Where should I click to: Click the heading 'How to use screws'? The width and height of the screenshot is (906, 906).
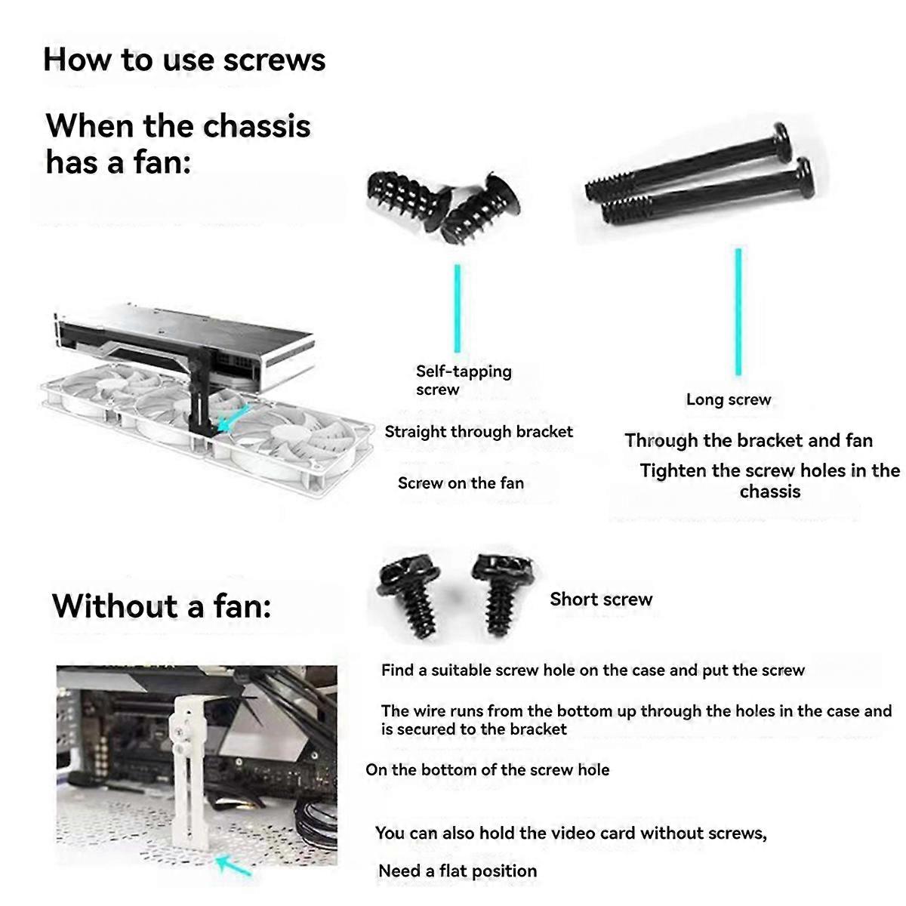[x=184, y=60]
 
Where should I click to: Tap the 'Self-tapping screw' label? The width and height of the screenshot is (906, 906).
[x=463, y=381]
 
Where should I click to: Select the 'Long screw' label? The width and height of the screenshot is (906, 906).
[x=728, y=399]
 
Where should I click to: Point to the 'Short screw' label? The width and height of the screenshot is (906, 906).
[x=600, y=599]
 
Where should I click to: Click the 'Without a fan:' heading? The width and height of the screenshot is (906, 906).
[x=162, y=606]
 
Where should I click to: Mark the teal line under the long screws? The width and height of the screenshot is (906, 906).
[x=738, y=311]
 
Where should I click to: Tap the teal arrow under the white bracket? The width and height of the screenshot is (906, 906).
[x=234, y=865]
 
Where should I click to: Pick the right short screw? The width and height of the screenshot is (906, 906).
[x=500, y=589]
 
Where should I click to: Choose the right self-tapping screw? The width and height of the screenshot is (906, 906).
[x=480, y=211]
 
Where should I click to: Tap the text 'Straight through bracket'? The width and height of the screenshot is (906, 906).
[x=479, y=432]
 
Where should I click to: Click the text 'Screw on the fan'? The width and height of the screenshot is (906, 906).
[x=461, y=483]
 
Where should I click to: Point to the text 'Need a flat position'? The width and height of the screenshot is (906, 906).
[x=458, y=871]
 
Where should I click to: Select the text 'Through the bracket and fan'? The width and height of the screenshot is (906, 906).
[x=748, y=441]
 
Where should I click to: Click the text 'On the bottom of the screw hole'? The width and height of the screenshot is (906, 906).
[x=487, y=770]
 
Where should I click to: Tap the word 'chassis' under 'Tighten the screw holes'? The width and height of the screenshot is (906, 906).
[x=769, y=492]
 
